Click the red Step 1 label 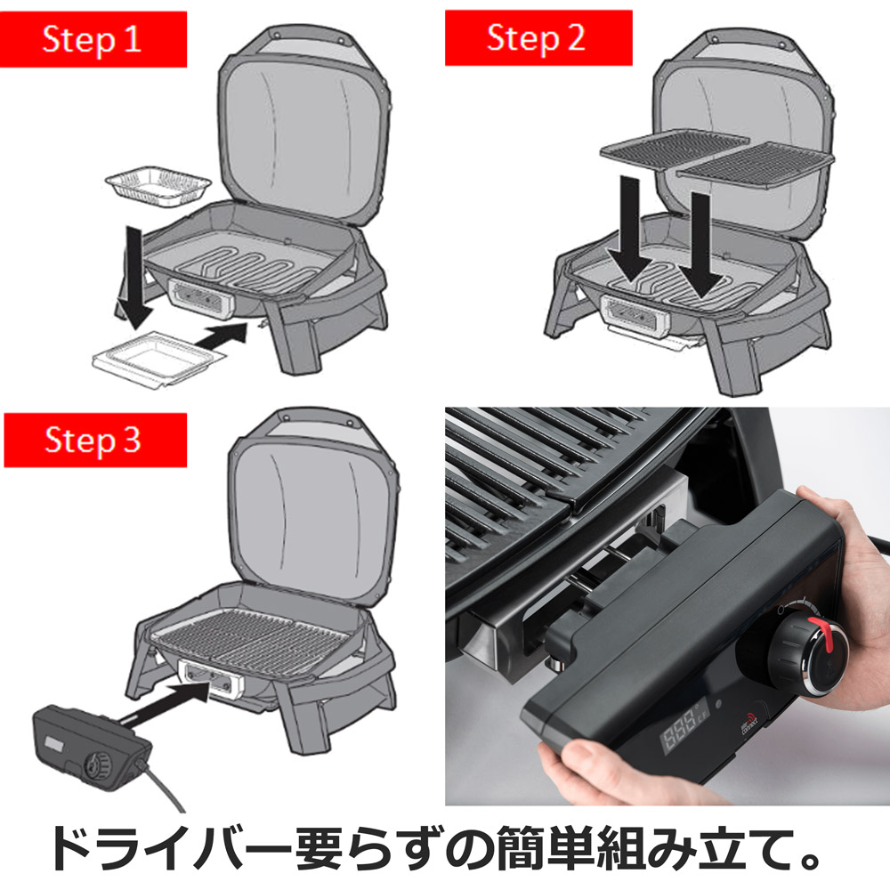coord(94,39)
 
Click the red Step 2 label coord(538,39)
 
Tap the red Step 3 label coord(94,441)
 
